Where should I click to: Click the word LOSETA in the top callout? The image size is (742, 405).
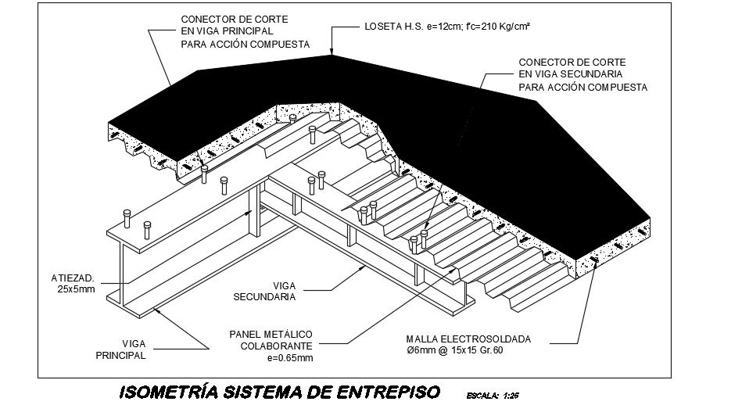(x=382, y=27)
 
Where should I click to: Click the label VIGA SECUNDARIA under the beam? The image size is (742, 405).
(x=264, y=292)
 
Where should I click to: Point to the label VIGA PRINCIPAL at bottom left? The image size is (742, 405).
(x=120, y=349)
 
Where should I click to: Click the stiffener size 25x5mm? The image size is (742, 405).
(x=76, y=289)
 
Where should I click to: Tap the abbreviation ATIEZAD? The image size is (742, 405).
(x=73, y=278)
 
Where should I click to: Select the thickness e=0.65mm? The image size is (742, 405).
(x=290, y=357)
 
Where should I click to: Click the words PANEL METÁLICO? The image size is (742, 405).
(x=271, y=335)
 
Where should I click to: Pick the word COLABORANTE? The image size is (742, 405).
(x=276, y=346)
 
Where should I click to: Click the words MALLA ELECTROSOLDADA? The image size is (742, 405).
(x=468, y=339)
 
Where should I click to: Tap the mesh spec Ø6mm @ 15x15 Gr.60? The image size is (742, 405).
(x=454, y=350)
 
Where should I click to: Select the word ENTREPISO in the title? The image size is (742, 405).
(x=388, y=392)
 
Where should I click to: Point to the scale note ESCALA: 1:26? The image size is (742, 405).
(x=493, y=396)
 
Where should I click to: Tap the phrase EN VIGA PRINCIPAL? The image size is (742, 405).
(x=228, y=31)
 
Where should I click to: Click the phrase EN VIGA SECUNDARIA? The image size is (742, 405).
(x=571, y=74)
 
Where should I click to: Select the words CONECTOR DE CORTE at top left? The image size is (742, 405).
(x=235, y=20)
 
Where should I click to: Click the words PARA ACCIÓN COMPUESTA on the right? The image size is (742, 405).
(x=583, y=88)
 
